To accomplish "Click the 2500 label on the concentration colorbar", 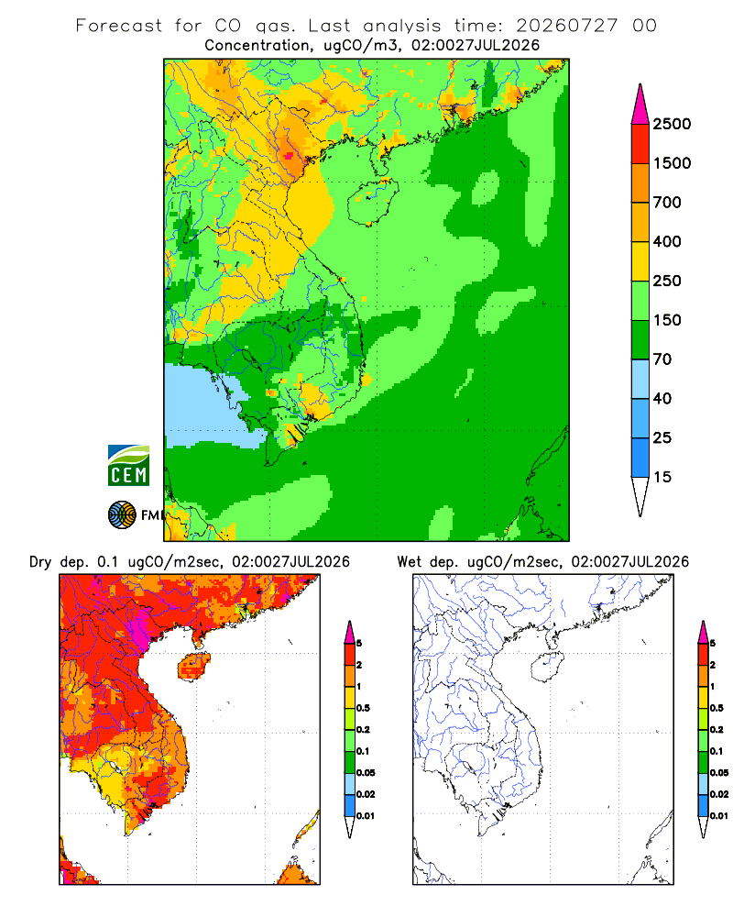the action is click(x=672, y=124).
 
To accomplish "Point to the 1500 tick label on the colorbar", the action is click(x=672, y=163).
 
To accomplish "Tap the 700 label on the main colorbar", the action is click(x=667, y=203).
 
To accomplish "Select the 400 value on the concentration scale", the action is click(x=667, y=241).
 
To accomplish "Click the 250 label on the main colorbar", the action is click(x=667, y=281).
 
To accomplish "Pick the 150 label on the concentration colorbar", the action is click(x=667, y=320).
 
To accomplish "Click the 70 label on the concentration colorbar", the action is click(x=662, y=359).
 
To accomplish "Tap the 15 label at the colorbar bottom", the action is click(x=662, y=477).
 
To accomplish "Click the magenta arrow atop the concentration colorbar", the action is click(x=640, y=105).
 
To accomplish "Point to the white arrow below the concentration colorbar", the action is click(x=640, y=496).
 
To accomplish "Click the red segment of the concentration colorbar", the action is click(x=640, y=144).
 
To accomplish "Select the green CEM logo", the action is click(x=128, y=466).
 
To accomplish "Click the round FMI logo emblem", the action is click(x=122, y=515).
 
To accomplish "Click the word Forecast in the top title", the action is click(x=119, y=26).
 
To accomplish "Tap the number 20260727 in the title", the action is click(x=566, y=26).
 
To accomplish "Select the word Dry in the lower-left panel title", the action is click(x=40, y=562).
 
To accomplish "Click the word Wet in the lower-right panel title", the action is click(x=409, y=562).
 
